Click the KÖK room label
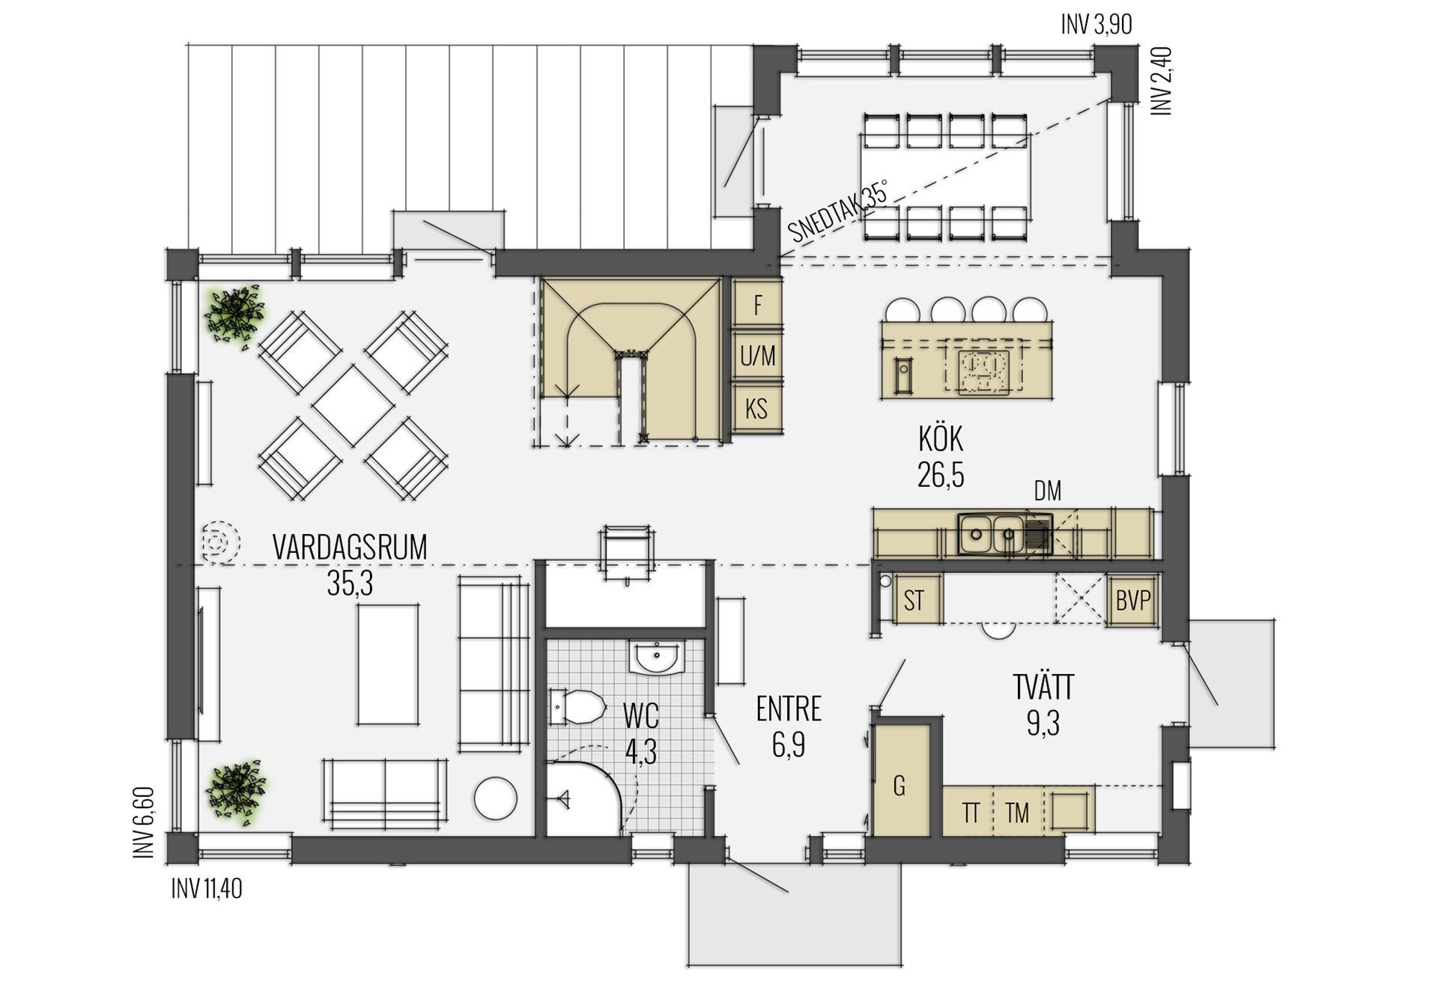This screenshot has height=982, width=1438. point(941,440)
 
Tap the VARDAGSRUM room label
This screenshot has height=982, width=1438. point(350,547)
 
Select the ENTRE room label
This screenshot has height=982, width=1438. point(789,709)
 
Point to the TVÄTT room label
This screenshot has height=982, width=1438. point(1043,686)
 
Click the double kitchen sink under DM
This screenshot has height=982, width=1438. point(1004,534)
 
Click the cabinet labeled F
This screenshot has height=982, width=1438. point(757,303)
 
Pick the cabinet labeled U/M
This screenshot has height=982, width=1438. point(757,356)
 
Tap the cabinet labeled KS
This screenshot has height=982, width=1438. point(757,408)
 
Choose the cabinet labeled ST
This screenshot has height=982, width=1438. point(914,600)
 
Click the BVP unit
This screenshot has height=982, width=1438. point(1132,600)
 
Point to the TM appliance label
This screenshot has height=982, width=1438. point(1017,813)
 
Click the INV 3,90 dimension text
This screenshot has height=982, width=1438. point(1096,25)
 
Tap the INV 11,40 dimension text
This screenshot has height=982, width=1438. point(207,889)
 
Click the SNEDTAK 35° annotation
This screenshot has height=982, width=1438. point(840,211)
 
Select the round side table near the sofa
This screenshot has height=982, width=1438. point(496,799)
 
